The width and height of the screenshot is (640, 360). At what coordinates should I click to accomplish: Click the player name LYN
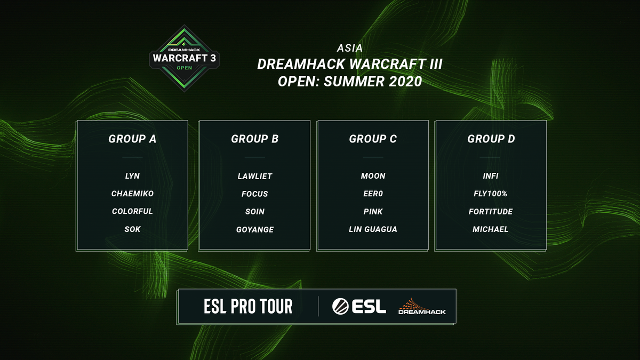132,176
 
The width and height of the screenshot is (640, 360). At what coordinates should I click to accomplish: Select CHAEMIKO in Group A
132,194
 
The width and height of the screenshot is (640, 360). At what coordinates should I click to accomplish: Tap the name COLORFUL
132,211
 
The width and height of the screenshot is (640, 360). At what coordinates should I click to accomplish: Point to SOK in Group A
132,229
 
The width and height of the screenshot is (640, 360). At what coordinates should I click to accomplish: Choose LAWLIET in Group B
255,176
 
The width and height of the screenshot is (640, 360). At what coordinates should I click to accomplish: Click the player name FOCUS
255,194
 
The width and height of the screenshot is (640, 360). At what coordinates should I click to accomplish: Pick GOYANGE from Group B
255,229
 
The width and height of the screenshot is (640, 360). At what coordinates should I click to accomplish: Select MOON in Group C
373,176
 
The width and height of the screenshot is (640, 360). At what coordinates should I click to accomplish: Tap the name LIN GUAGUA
373,229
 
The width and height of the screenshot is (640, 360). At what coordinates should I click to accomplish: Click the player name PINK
373,211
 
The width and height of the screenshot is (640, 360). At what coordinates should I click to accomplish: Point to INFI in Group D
491,176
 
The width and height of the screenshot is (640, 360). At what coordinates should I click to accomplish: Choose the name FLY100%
491,194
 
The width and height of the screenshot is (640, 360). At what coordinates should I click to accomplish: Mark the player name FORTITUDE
491,211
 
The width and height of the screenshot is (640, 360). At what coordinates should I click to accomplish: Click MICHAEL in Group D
491,229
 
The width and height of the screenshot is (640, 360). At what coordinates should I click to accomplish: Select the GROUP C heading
373,139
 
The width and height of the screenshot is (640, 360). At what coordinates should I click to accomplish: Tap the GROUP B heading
255,139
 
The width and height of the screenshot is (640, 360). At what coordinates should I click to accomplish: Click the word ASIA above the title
350,48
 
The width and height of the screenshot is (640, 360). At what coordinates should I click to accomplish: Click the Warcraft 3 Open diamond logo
185,57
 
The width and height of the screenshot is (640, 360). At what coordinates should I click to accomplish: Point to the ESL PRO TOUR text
248,306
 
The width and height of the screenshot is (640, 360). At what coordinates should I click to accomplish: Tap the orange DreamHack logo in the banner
422,306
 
